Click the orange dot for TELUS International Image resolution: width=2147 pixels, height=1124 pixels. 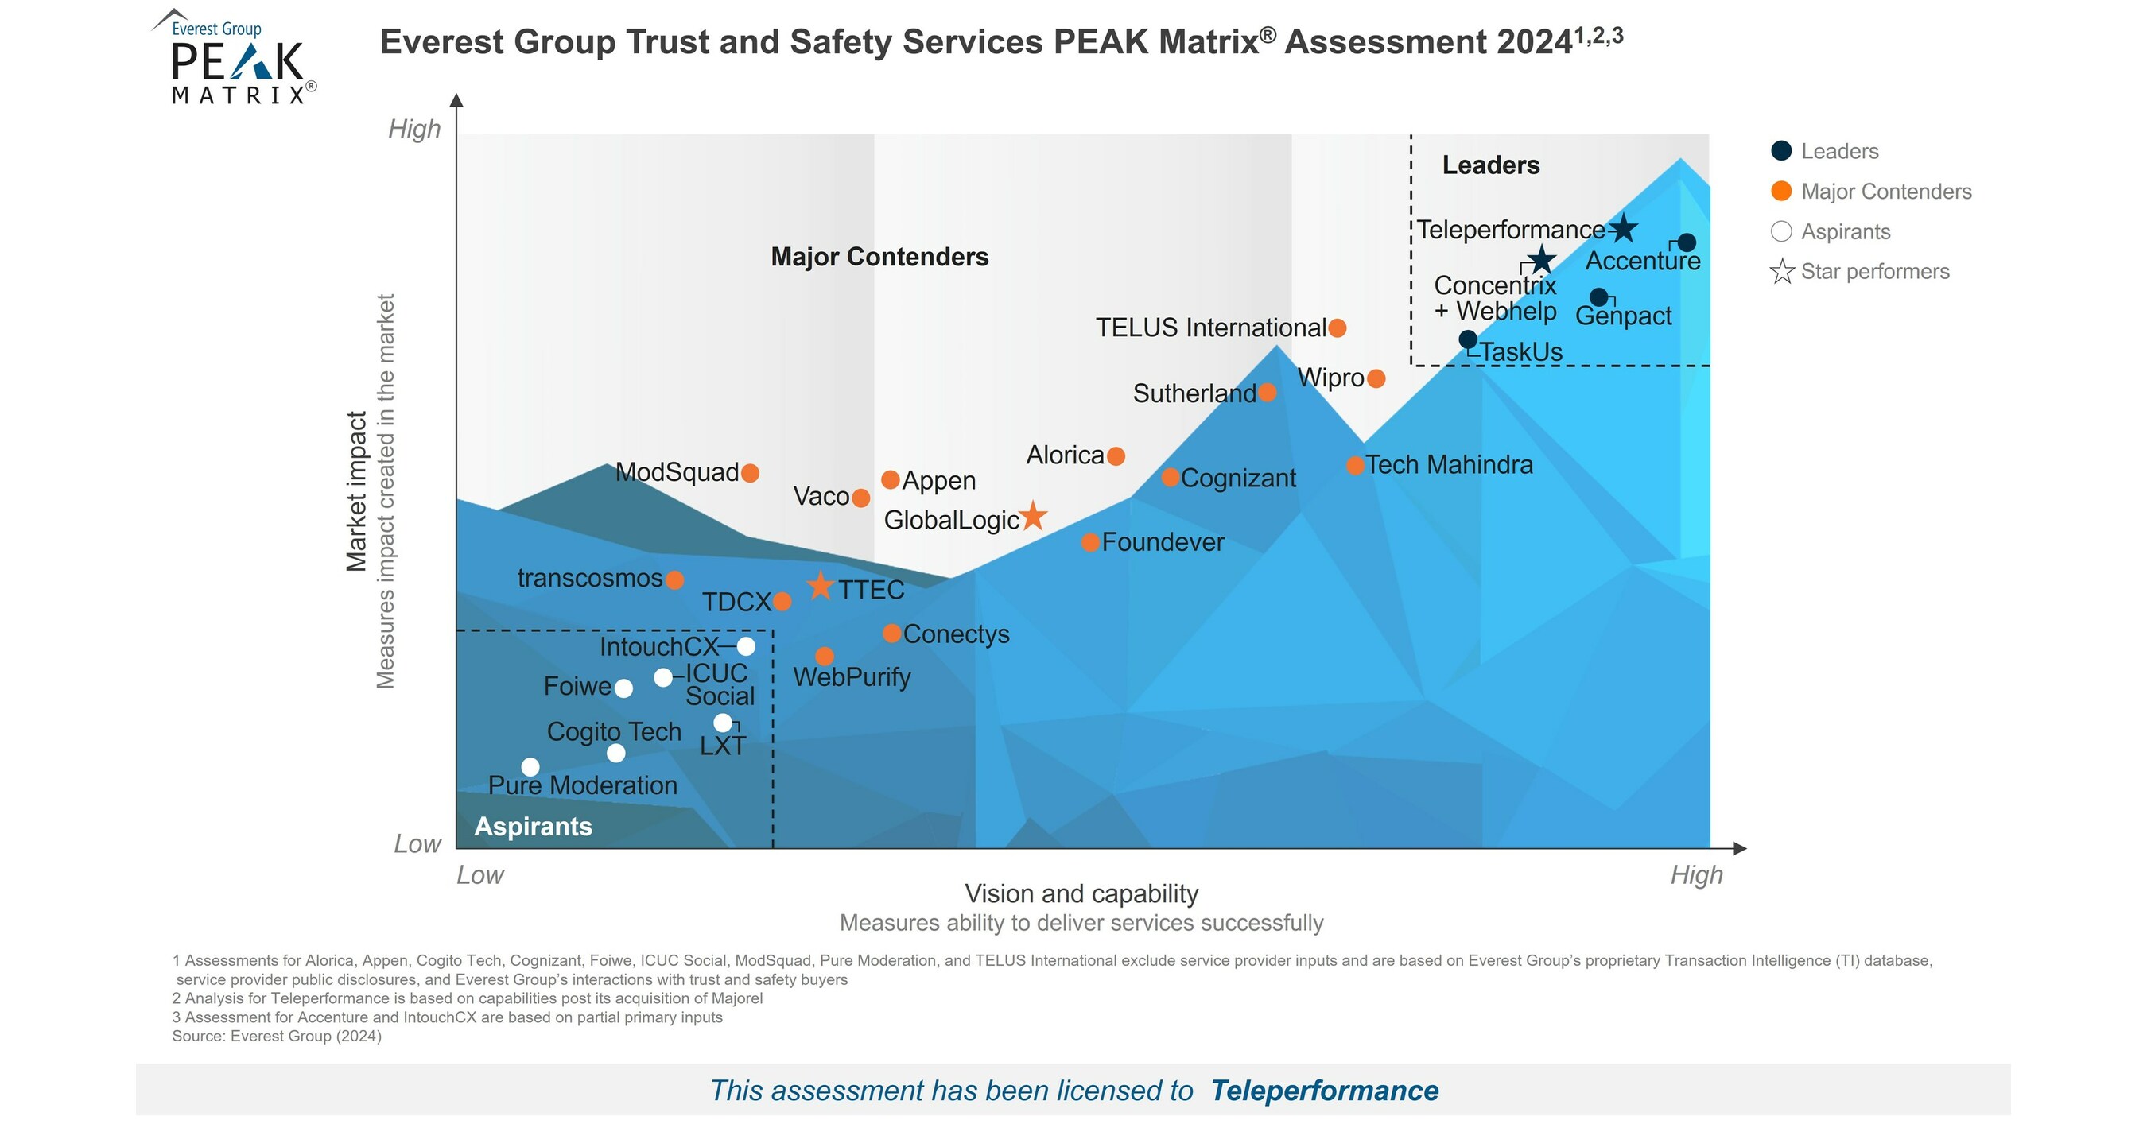pyautogui.click(x=1337, y=328)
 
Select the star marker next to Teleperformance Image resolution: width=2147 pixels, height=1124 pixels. pyautogui.click(x=1622, y=228)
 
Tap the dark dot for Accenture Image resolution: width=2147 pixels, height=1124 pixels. pyautogui.click(x=1686, y=242)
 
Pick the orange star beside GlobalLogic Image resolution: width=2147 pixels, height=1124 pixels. pyautogui.click(x=1033, y=517)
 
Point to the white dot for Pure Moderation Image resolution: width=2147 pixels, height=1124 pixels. pyautogui.click(x=530, y=766)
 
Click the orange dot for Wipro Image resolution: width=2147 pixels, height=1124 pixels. pyautogui.click(x=1376, y=378)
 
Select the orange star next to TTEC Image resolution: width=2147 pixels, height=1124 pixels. pyautogui.click(x=820, y=586)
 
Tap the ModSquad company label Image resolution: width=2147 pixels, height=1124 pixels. pyautogui.click(x=677, y=472)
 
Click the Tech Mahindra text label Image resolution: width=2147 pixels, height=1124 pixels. pyautogui.click(x=1449, y=464)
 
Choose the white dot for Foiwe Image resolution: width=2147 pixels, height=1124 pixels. pyautogui.click(x=623, y=688)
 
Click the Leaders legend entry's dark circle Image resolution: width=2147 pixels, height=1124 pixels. pyautogui.click(x=1781, y=151)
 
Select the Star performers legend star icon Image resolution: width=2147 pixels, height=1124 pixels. pyautogui.click(x=1781, y=272)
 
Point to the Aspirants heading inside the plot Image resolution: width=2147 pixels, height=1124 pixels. pyautogui.click(x=533, y=826)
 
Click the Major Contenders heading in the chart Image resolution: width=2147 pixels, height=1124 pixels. pyautogui.click(x=879, y=257)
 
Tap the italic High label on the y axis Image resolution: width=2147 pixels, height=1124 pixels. pyautogui.click(x=414, y=129)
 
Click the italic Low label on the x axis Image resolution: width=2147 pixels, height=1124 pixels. pyautogui.click(x=480, y=875)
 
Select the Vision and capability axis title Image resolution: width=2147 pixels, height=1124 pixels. pyautogui.click(x=1081, y=893)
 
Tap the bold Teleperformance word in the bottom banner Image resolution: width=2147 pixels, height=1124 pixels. pyautogui.click(x=1323, y=1091)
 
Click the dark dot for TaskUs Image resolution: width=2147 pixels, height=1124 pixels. pyautogui.click(x=1468, y=339)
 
